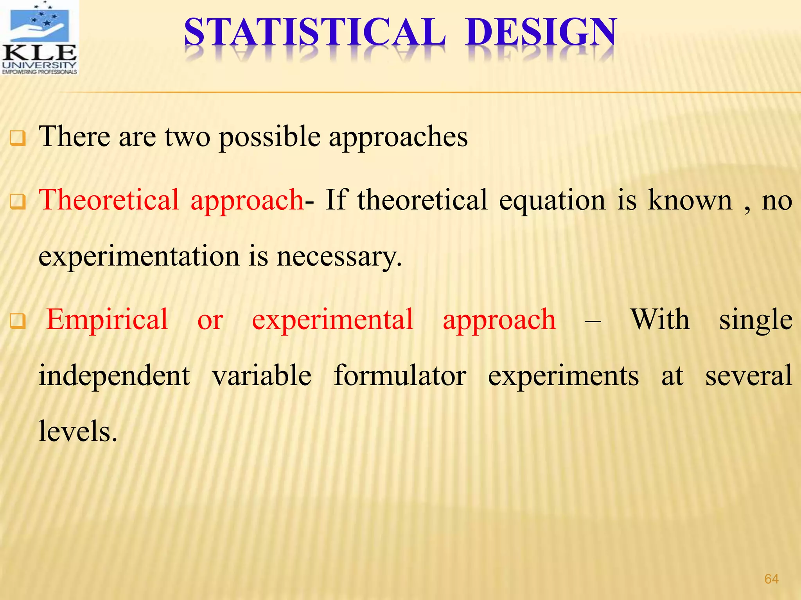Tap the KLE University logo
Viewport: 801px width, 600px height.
click(x=39, y=38)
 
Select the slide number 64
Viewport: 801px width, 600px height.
click(x=771, y=579)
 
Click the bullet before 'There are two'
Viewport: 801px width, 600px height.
click(x=18, y=139)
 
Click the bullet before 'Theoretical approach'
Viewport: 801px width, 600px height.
click(x=18, y=202)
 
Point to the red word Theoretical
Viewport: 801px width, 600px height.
click(x=109, y=200)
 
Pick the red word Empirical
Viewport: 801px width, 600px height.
click(x=107, y=320)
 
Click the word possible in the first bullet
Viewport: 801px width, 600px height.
click(x=270, y=137)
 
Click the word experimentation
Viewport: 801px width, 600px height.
click(x=139, y=257)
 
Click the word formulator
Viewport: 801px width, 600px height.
click(x=400, y=376)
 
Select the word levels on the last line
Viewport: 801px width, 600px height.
click(x=78, y=432)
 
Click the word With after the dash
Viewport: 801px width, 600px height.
click(x=660, y=320)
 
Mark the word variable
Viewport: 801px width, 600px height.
click(x=262, y=376)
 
